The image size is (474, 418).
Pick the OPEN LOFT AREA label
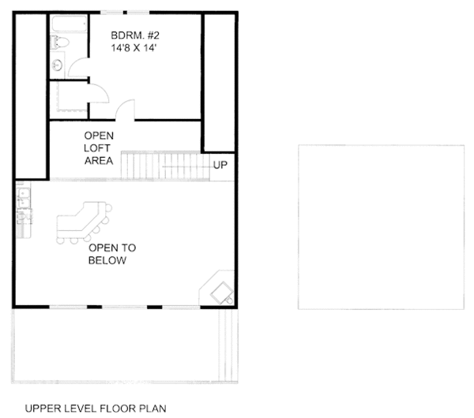(100, 147)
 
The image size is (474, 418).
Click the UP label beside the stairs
(220, 166)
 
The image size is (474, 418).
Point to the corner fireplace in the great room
(219, 289)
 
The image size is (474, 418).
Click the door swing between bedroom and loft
(127, 110)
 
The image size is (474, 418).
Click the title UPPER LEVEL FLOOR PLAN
(96, 409)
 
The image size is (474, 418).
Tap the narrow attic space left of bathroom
(31, 95)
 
